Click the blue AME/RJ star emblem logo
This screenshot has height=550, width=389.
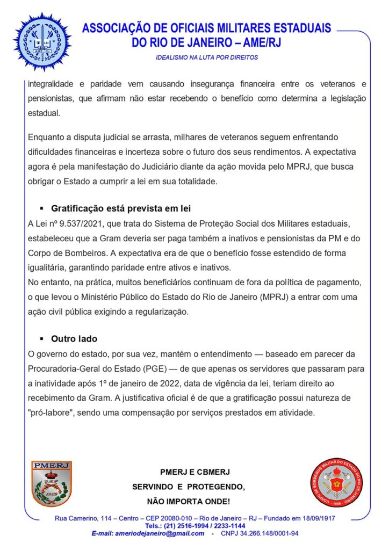42,41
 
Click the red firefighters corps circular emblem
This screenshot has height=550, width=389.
337,482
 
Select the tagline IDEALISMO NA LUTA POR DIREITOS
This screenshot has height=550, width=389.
207,57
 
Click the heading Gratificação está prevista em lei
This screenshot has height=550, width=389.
121,208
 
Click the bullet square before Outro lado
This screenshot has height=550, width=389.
42,339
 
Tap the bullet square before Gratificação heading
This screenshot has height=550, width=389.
42,208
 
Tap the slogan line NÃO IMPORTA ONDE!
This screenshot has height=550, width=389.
188,502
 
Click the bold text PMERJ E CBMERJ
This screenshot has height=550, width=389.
195,472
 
